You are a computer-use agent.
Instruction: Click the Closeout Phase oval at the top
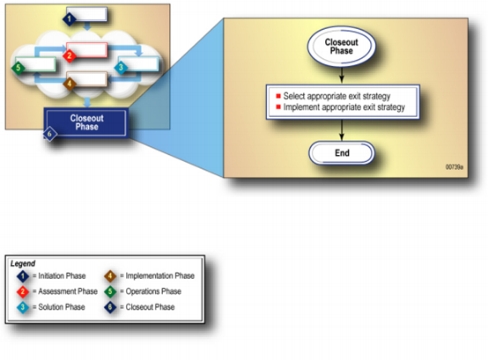coord(342,47)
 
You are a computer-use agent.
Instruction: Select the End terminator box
coord(342,152)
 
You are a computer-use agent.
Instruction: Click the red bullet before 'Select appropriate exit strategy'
coord(278,96)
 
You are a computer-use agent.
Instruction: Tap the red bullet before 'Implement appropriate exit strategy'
coord(278,107)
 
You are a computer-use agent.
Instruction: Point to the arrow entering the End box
coord(342,130)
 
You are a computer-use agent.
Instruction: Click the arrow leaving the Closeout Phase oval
coord(342,75)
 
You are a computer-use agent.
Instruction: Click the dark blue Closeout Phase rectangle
coord(86,122)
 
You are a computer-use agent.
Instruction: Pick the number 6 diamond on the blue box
coord(49,135)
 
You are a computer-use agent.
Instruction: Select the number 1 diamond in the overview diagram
coord(69,19)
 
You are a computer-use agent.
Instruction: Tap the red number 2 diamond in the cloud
coord(70,55)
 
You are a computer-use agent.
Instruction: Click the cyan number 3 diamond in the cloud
coord(121,67)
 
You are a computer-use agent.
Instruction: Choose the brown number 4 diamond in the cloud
coord(70,84)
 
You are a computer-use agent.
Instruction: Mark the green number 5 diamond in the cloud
coord(18,68)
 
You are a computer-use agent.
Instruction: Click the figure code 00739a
coord(454,167)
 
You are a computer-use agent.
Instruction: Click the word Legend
coord(23,264)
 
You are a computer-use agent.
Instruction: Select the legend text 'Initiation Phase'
coord(62,276)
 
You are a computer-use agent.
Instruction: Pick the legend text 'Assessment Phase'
coord(68,291)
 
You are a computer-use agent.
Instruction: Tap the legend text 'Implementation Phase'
coord(160,276)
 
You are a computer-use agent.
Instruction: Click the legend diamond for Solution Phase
coord(23,307)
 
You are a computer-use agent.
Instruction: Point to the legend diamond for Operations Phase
coord(110,291)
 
